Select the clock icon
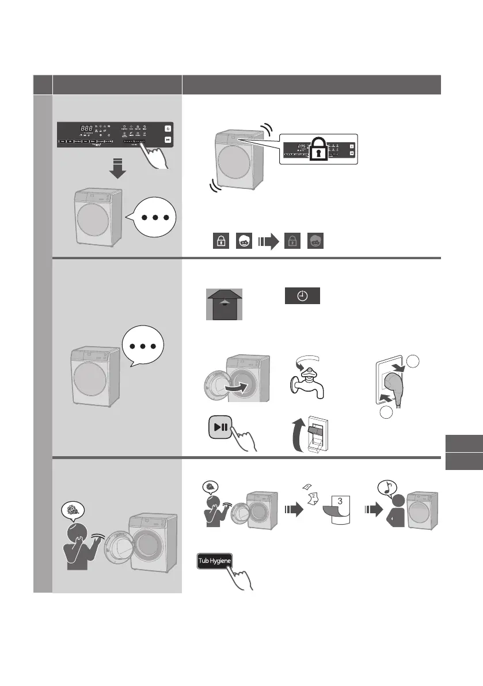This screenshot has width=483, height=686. pos(302,295)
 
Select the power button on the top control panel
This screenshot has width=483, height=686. pos(168,128)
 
